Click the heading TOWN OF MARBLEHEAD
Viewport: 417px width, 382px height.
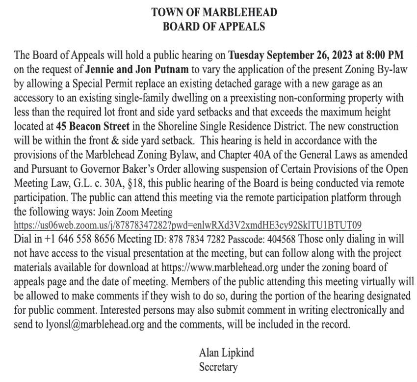213,12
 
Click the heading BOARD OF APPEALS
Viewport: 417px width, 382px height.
213,27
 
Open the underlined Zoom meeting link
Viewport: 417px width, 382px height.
187,226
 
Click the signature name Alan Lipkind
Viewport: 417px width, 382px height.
226,353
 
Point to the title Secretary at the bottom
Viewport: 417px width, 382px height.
218,367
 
